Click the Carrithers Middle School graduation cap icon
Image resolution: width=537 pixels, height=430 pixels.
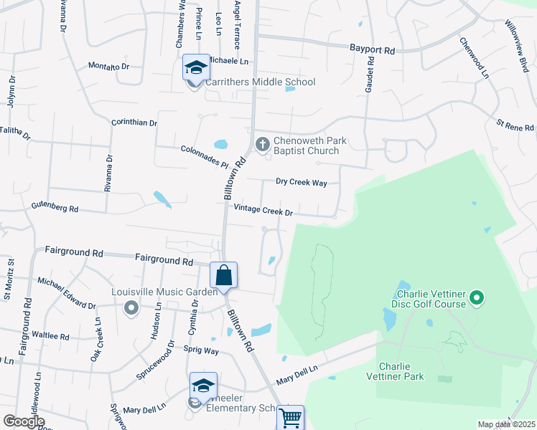(196, 68)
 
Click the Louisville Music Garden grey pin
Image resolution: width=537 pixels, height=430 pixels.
(131, 308)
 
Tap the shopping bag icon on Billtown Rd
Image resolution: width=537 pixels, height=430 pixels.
(223, 275)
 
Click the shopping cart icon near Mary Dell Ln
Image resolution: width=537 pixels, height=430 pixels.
(290, 418)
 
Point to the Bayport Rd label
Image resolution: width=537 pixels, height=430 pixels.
(373, 51)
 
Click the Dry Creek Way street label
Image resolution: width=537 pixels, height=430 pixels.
(303, 183)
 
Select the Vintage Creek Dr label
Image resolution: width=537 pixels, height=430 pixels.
(263, 211)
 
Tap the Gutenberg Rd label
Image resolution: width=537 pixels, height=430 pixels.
(55, 208)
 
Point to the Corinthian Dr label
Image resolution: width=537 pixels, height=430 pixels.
(134, 123)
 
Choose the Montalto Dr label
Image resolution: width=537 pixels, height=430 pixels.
(108, 66)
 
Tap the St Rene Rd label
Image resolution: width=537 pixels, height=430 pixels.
(515, 125)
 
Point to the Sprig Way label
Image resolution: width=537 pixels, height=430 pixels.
(201, 350)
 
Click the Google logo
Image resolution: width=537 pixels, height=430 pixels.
(24, 421)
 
